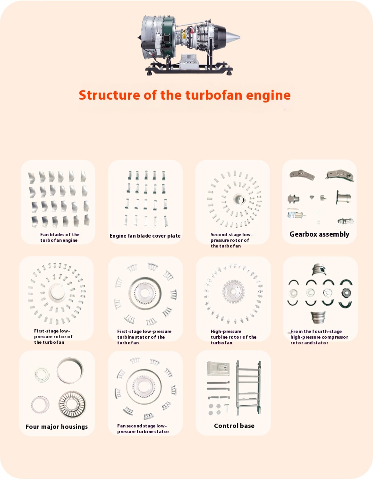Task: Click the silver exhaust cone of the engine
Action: click(232, 37)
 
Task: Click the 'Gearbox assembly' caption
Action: click(319, 234)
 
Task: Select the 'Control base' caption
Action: click(234, 426)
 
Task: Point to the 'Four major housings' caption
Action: click(57, 427)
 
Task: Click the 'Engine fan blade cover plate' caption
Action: click(145, 236)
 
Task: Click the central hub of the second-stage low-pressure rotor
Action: click(238, 199)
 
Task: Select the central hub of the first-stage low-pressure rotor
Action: click(57, 291)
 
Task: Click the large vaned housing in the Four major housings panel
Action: click(72, 404)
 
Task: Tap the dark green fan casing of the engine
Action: click(168, 36)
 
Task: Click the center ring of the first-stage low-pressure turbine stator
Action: click(145, 293)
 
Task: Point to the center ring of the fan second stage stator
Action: click(144, 386)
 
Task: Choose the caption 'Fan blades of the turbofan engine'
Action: click(59, 238)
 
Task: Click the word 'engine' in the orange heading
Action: click(268, 95)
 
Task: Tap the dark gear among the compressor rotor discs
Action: click(346, 293)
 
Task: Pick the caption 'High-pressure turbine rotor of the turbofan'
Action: click(234, 337)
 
